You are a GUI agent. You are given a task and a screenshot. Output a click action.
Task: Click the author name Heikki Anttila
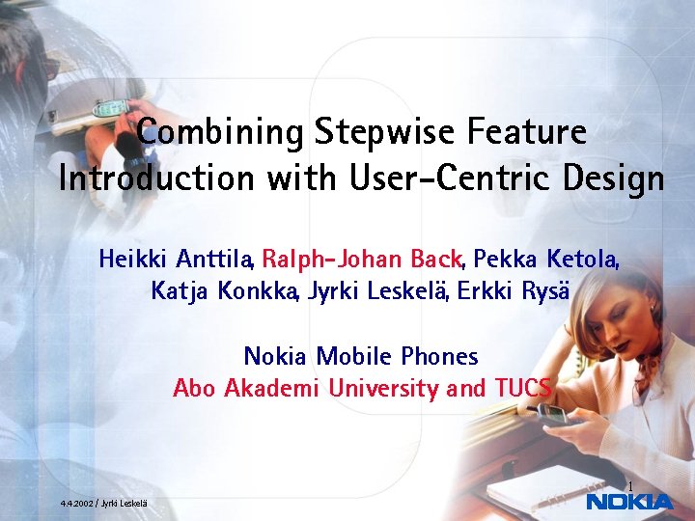coord(176,260)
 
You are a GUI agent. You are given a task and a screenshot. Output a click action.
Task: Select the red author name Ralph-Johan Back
coord(363,260)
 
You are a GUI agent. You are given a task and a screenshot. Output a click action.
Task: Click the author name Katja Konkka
coord(225,291)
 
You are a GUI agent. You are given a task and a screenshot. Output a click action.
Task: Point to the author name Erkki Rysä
coord(514,291)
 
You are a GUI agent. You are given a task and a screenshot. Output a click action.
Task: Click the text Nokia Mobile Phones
coord(361,356)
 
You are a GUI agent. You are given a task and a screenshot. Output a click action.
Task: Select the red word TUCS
coord(522,388)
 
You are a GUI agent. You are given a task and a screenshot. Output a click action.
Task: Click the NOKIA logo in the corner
coord(629,502)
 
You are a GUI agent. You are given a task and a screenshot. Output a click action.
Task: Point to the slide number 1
coord(628,485)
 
